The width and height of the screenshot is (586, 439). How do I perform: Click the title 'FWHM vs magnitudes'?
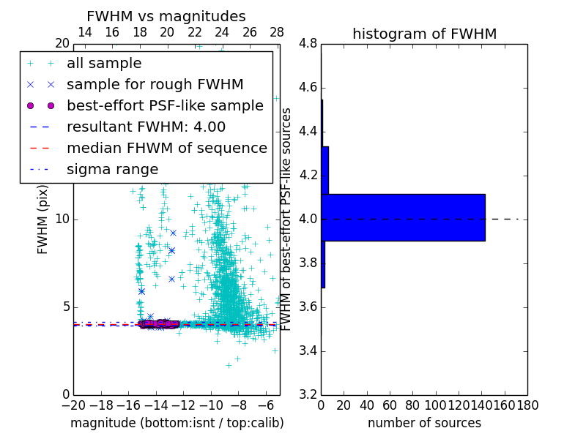tap(166, 16)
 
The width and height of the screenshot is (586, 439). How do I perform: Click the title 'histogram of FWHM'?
tap(424, 34)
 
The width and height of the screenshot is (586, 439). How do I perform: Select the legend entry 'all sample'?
tap(104, 64)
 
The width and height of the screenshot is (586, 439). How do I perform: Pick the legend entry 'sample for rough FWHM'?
tap(155, 85)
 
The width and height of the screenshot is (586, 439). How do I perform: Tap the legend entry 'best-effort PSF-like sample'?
tap(165, 106)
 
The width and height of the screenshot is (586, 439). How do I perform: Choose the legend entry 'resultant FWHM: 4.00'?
tap(146, 127)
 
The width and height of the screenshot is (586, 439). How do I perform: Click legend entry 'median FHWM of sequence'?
tap(166, 148)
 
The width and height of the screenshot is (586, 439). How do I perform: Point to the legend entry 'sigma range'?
tap(112, 169)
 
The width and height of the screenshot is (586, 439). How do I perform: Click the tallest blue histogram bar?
tap(403, 217)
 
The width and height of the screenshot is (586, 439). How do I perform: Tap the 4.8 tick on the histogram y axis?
tap(308, 44)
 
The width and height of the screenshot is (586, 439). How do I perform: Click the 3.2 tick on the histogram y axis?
tap(308, 394)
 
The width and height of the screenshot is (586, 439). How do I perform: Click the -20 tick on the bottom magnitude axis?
tap(73, 405)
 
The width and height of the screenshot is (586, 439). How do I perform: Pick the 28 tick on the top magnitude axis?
tap(277, 32)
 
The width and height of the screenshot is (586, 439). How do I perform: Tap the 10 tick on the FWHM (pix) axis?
tap(62, 219)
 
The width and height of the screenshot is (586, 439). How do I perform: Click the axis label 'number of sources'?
tap(424, 423)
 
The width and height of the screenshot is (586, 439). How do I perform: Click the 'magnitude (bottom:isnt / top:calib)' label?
tap(177, 423)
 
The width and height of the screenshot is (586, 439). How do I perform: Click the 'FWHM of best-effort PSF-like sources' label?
tap(287, 219)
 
